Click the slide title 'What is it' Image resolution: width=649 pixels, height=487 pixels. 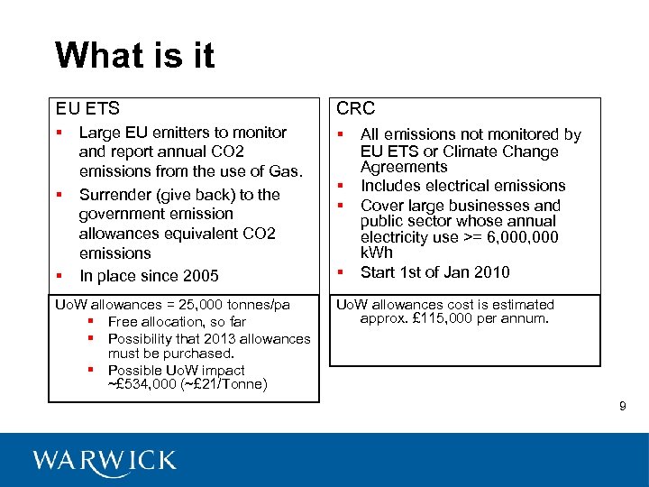pyautogui.click(x=134, y=56)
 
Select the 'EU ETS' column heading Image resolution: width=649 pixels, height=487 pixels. pyautogui.click(x=87, y=109)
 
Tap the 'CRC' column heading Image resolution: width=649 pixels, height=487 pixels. pyautogui.click(x=356, y=109)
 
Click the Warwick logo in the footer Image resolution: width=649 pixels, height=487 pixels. pyautogui.click(x=105, y=461)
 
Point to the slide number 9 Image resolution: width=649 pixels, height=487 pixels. pyautogui.click(x=622, y=408)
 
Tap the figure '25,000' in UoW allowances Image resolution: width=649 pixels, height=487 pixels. pyautogui.click(x=207, y=305)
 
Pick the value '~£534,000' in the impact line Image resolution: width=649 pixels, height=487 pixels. pyautogui.click(x=141, y=385)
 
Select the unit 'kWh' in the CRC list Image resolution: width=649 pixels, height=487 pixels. pyautogui.click(x=377, y=253)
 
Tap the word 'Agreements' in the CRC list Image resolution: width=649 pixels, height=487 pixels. pyautogui.click(x=404, y=168)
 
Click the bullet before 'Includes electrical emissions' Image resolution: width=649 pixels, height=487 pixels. pyautogui.click(x=343, y=186)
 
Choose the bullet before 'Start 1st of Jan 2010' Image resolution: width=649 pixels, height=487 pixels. pyautogui.click(x=343, y=272)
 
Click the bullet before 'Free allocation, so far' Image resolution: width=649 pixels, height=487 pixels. pyautogui.click(x=92, y=322)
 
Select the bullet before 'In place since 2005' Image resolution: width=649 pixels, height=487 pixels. pyautogui.click(x=59, y=276)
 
